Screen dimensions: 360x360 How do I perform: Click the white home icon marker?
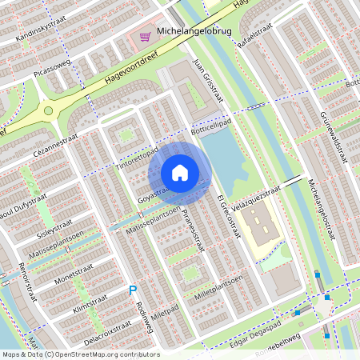180,173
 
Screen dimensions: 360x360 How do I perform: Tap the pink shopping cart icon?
145,37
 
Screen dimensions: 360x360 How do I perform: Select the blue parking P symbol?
133,291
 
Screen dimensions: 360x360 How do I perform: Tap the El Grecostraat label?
229,217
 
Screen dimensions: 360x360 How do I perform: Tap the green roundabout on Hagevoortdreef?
48,110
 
